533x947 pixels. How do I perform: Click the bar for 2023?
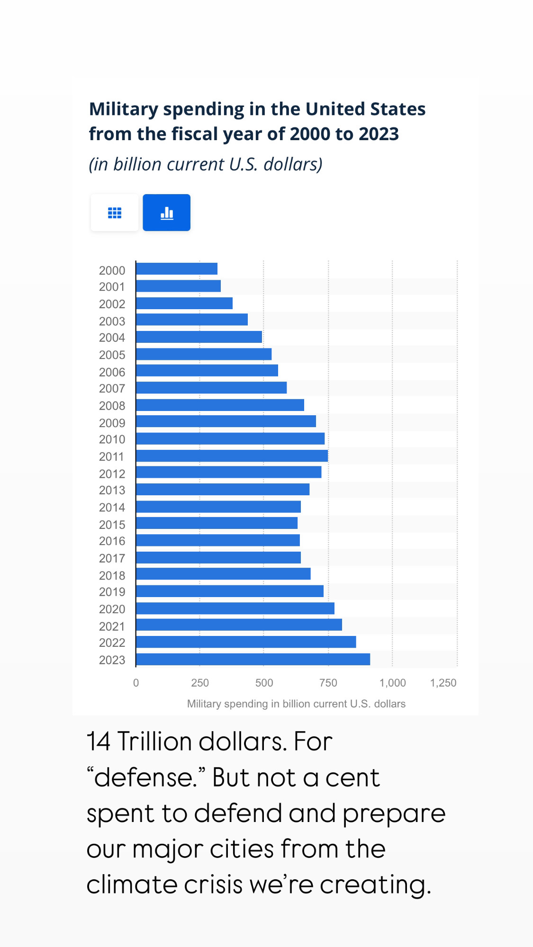coord(253,659)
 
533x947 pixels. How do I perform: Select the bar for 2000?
coord(177,269)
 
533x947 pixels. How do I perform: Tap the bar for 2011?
coord(232,456)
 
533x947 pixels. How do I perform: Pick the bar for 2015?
coord(217,523)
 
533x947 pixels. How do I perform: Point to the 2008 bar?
coord(220,405)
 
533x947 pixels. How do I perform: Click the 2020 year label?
coord(112,609)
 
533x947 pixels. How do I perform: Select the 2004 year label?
coord(112,338)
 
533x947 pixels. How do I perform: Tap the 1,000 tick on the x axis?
coord(392,683)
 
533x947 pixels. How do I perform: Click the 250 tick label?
coord(200,683)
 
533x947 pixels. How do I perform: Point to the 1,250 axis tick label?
coord(443,683)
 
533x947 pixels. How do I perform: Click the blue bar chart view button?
coord(166,213)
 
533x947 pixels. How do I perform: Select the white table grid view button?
coord(115,213)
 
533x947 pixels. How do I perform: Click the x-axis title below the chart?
coord(296,704)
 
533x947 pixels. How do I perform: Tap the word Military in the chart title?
coord(124,109)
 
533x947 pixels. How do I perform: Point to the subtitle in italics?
coord(206,164)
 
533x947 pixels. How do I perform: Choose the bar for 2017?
coord(218,557)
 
